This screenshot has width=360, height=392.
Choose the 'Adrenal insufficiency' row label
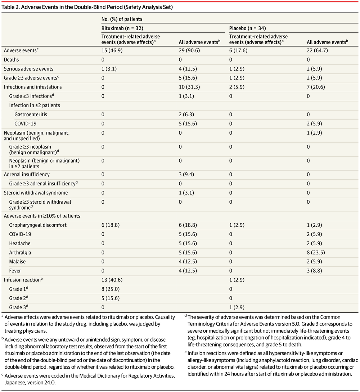27,174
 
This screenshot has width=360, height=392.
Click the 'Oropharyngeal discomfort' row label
38,225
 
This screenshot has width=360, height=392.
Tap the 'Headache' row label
19,243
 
